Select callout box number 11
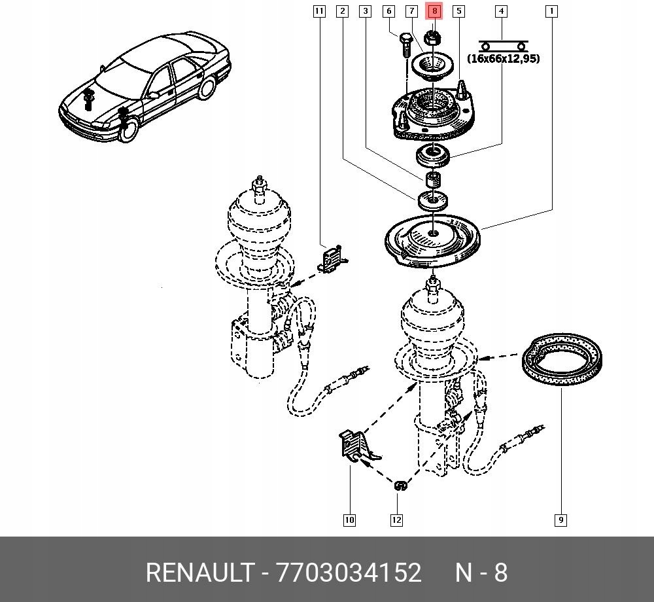point(318,11)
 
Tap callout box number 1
point(551,11)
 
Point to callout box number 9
point(560,520)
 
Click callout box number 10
point(349,520)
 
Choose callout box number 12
point(396,520)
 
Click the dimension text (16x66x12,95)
point(503,59)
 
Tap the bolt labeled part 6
point(404,46)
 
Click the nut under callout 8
point(432,38)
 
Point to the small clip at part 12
point(400,486)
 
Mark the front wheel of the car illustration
point(129,128)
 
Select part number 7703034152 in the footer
point(349,573)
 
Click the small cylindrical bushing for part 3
point(432,179)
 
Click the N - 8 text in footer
point(481,573)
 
